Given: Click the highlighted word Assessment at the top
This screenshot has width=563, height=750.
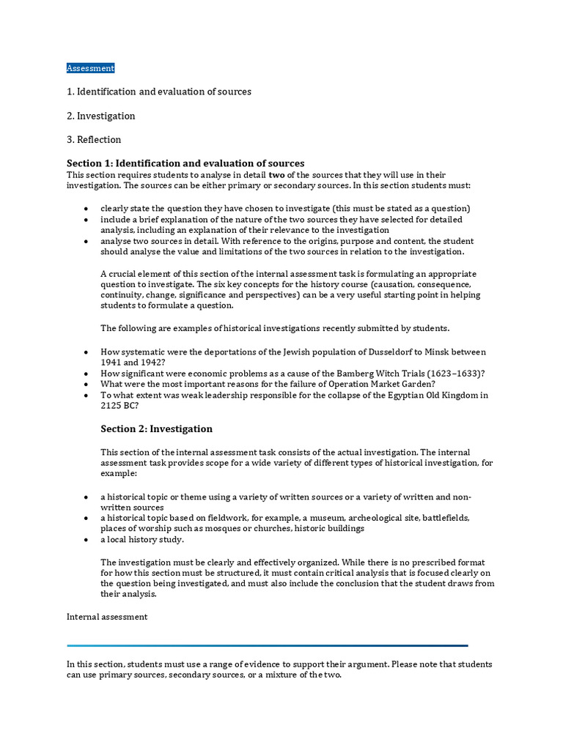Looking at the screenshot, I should [90, 68].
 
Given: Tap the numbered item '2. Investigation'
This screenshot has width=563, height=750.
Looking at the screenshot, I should [101, 116].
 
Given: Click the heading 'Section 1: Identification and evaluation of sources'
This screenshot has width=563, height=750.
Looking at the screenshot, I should [185, 163].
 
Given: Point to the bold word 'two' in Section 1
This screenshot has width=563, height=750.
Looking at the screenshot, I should [276, 175].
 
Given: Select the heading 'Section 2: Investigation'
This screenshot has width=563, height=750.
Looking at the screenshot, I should [156, 429].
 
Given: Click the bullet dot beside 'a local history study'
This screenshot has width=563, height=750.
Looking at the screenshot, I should [87, 540].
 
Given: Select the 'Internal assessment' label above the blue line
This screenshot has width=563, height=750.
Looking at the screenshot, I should [107, 617].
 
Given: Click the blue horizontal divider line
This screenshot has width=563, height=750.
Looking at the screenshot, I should [267, 645].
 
